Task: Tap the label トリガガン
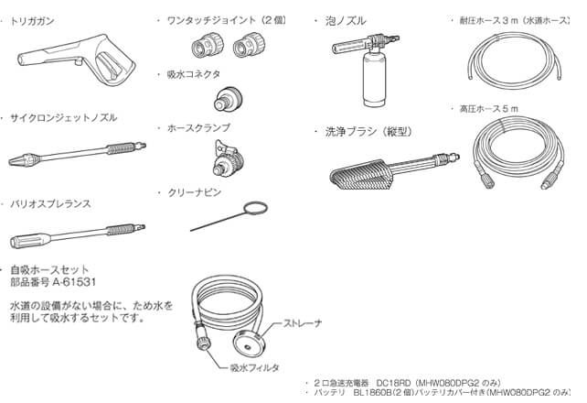pyautogui.click(x=32, y=21)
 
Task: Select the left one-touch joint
pyautogui.click(x=208, y=47)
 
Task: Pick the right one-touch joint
pyautogui.click(x=249, y=47)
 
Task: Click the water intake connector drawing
pyautogui.click(x=229, y=99)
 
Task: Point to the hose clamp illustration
pyautogui.click(x=228, y=158)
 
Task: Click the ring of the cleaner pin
pyautogui.click(x=255, y=209)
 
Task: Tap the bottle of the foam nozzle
pyautogui.click(x=374, y=78)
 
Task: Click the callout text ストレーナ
pyautogui.click(x=302, y=323)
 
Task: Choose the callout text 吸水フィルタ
pyautogui.click(x=255, y=368)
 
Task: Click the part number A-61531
pyautogui.click(x=74, y=282)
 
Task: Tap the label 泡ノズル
pyautogui.click(x=346, y=21)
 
